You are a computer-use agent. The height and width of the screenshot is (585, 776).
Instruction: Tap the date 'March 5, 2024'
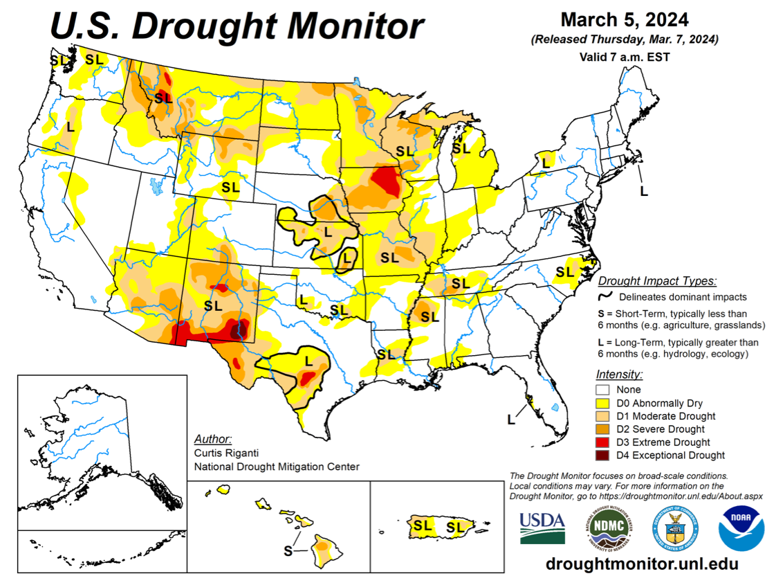click(x=624, y=19)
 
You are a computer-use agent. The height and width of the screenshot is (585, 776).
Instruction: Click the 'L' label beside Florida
click(x=511, y=419)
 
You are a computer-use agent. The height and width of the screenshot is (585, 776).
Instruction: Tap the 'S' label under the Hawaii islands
click(x=288, y=550)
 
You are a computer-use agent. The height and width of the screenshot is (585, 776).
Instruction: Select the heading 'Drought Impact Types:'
click(x=656, y=281)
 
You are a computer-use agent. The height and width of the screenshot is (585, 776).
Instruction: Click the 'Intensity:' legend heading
click(x=619, y=375)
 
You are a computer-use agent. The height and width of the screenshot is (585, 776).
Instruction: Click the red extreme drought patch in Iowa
click(x=385, y=182)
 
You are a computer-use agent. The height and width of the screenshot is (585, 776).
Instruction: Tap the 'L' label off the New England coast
click(x=643, y=190)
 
